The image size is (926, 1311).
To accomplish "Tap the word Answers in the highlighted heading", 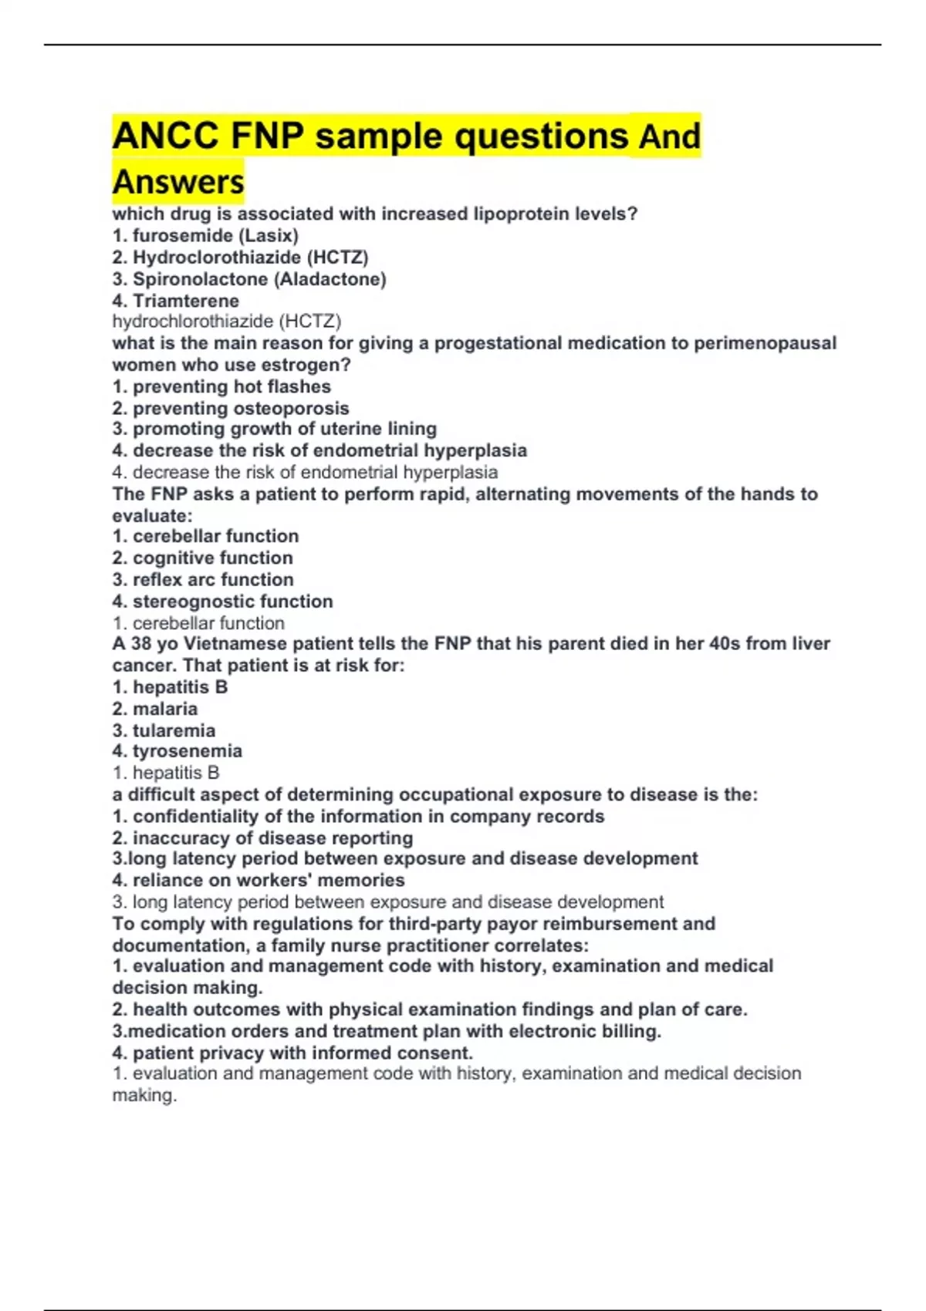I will pos(178,183).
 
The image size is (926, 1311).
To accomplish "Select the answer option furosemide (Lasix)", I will pos(205,235).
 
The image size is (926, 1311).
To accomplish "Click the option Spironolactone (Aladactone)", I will pos(249,279).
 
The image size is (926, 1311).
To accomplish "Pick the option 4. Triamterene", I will pos(176,301).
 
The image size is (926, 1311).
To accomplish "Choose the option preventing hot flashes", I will pos(221,386).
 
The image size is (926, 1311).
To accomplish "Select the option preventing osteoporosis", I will pos(231,408).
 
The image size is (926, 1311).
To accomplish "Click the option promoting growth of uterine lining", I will pos(275,429).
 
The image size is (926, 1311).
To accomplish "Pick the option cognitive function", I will pos(203,558).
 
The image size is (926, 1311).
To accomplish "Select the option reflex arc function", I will pos(203,579).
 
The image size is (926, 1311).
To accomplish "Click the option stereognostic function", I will pos(223,602).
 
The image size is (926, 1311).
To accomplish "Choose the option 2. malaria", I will pos(155,709).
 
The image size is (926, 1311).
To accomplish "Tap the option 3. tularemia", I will pos(164,730).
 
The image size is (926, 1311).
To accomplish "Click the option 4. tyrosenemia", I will pos(177,751).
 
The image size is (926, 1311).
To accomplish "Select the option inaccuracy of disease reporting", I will pos(262,838).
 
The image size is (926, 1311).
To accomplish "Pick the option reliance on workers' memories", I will pos(259,880).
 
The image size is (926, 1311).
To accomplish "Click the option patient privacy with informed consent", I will pos(292,1053).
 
